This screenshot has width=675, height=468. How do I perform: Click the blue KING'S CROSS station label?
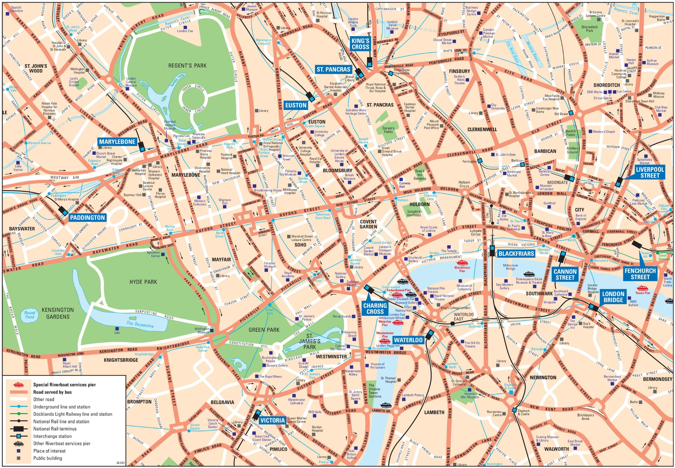pyautogui.click(x=360, y=44)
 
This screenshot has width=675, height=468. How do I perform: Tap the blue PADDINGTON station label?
pyautogui.click(x=87, y=218)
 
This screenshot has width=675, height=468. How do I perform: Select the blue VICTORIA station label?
pyautogui.click(x=273, y=420)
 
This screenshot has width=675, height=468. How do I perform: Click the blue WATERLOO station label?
pyautogui.click(x=408, y=340)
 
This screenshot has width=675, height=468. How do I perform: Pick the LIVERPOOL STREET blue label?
pyautogui.click(x=650, y=172)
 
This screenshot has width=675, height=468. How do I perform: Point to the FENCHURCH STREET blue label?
pyautogui.click(x=640, y=274)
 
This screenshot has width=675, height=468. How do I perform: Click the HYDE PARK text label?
pyautogui.click(x=143, y=282)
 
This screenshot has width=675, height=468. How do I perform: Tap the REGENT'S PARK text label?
pyautogui.click(x=187, y=65)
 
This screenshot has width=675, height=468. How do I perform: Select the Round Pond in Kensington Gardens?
pyautogui.click(x=30, y=315)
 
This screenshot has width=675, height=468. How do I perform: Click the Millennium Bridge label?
pyautogui.click(x=511, y=267)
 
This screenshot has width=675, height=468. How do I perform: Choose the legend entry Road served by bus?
pyautogui.click(x=52, y=392)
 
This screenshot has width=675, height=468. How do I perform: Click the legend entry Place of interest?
pyautogui.click(x=49, y=451)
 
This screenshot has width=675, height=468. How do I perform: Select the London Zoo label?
pyautogui.click(x=185, y=31)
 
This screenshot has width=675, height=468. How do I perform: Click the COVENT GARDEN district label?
pyautogui.click(x=368, y=224)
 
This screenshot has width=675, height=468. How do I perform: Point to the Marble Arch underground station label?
pyautogui.click(x=170, y=228)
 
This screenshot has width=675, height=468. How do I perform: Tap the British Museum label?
pyautogui.click(x=349, y=177)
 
